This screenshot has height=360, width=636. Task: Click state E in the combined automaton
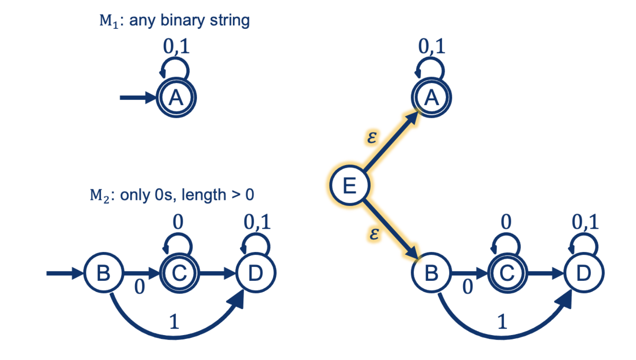tap(350, 186)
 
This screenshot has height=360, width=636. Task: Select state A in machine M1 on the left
tap(176, 98)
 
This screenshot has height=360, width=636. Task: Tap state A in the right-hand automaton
tap(431, 98)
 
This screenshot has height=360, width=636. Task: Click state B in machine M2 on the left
tap(104, 273)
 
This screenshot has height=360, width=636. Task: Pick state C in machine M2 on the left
tap(179, 273)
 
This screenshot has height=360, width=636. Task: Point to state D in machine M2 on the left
tap(256, 273)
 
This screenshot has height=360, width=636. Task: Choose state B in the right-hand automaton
tap(431, 273)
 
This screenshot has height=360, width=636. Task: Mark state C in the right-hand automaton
tap(507, 273)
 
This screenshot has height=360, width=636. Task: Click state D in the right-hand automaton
tap(584, 273)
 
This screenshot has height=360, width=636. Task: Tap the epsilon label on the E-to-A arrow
tap(372, 137)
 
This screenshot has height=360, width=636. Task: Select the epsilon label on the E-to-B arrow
tap(374, 233)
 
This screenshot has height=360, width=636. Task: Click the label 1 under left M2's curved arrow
tap(174, 322)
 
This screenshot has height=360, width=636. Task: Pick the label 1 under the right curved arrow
tap(502, 322)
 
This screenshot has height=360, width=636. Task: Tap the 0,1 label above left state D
tap(257, 222)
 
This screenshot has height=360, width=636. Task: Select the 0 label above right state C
tap(506, 222)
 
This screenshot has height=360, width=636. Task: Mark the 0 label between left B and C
tap(140, 287)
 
